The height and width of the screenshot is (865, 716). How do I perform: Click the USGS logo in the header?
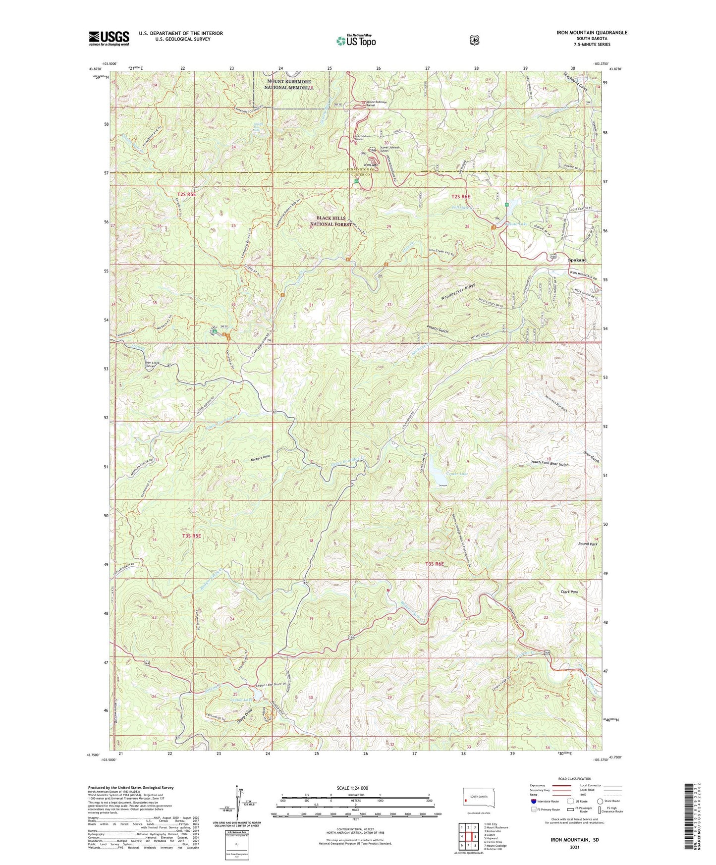[109, 38]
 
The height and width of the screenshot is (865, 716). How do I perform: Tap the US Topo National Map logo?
[355, 40]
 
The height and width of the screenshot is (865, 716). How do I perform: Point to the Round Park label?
[588, 544]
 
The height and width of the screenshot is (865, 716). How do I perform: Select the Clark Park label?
[569, 592]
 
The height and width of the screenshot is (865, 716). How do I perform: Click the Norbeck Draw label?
[261, 456]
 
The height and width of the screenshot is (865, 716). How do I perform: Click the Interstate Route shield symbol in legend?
[533, 801]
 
